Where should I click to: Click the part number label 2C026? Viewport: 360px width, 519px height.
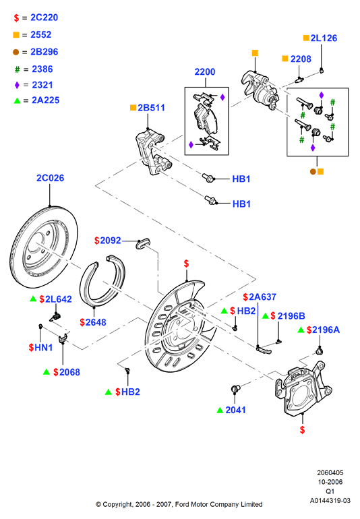50,178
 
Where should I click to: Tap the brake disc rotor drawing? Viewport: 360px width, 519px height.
44,247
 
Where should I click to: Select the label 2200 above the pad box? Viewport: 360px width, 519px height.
205,72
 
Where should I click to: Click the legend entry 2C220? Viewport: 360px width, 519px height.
44,18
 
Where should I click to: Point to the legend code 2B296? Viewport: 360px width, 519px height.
44,52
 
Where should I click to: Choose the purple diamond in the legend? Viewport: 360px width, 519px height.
18,85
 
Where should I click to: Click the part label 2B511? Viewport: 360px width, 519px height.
151,108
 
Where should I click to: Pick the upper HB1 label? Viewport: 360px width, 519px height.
241,179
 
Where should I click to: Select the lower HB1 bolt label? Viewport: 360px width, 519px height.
241,204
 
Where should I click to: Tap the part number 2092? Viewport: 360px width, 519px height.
111,241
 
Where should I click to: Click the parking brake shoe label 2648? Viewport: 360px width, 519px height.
95,322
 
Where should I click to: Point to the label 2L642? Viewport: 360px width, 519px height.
58,299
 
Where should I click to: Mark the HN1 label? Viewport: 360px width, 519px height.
43,348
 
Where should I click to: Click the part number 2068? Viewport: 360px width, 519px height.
69,372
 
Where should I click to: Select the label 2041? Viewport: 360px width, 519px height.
235,410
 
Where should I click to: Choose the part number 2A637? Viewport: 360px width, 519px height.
262,297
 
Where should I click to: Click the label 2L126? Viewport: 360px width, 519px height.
324,38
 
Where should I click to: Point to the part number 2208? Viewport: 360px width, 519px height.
301,59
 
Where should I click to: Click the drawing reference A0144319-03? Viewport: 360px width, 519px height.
330,501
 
